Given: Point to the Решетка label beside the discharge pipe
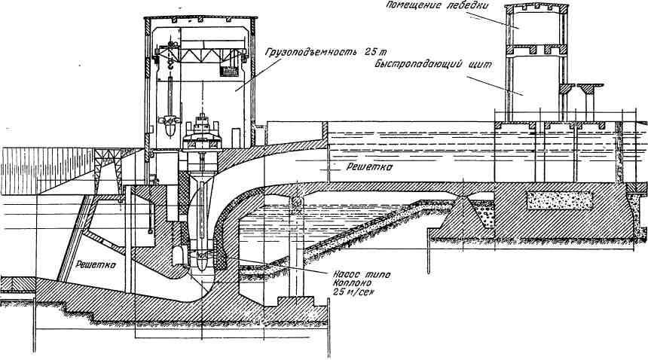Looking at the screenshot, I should pyautogui.click(x=369, y=169).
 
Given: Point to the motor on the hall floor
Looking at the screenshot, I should pyautogui.click(x=203, y=129).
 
